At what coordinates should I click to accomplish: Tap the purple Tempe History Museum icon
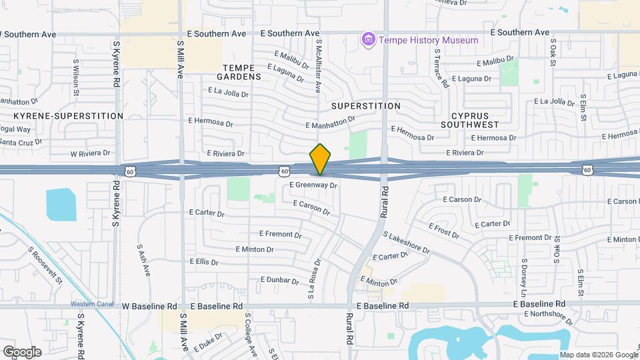368,41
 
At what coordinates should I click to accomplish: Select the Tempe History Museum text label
429,40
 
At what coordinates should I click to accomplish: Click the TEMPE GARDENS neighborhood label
241,72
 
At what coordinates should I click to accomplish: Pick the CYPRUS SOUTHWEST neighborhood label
470,119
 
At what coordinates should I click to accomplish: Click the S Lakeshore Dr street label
407,243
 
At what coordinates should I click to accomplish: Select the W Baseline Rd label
149,306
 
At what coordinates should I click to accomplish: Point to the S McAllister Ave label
319,66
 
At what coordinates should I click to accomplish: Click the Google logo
22,351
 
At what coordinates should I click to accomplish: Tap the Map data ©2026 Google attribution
598,355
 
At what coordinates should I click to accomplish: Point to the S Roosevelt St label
45,265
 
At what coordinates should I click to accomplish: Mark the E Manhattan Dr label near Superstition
330,122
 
